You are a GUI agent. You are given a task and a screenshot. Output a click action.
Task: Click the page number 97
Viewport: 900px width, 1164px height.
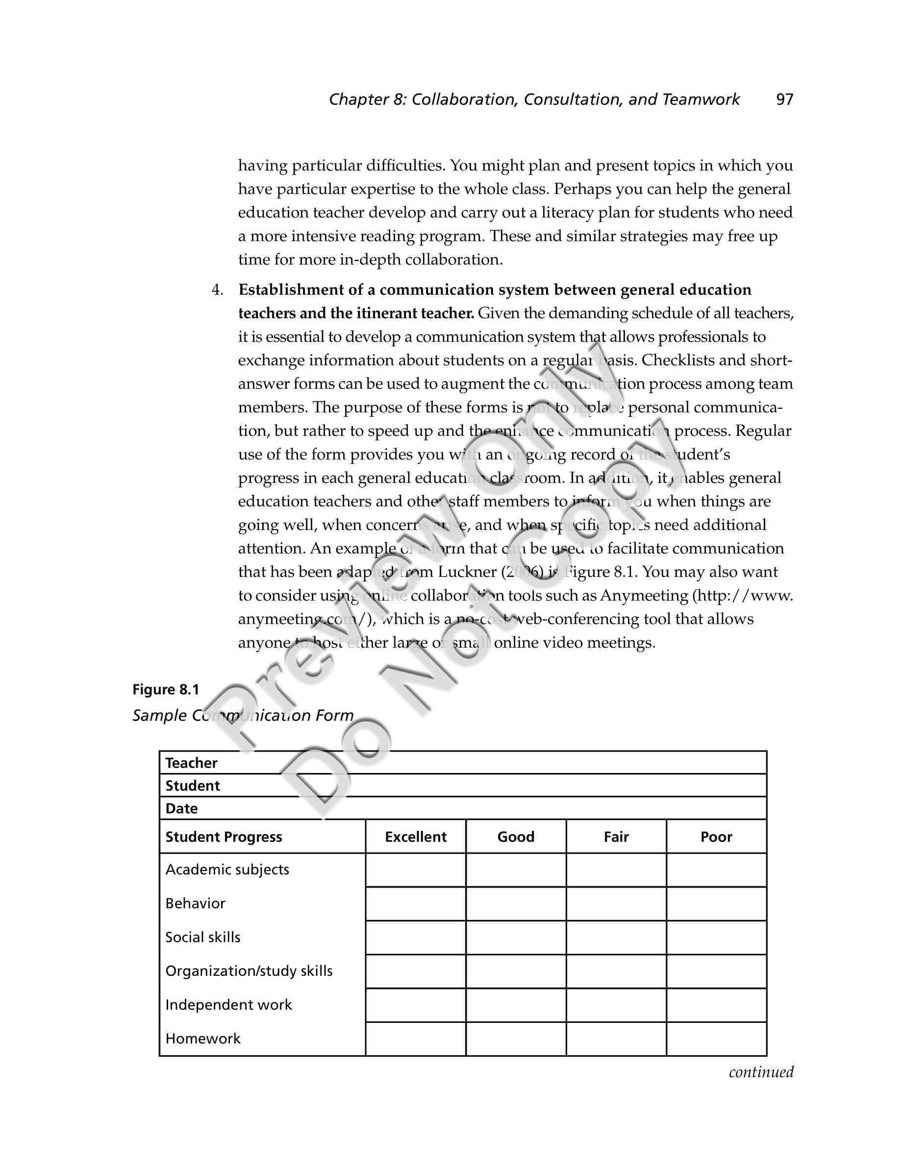[784, 99]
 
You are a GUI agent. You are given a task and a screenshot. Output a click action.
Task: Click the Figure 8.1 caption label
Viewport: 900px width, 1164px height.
[165, 690]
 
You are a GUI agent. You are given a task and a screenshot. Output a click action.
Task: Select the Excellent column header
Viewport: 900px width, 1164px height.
[415, 837]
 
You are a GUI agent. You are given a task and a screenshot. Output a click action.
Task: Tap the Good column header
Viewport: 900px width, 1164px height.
[516, 837]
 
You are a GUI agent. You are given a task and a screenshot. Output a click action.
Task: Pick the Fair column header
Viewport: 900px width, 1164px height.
[616, 837]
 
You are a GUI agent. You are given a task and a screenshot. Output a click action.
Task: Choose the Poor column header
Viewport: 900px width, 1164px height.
[716, 837]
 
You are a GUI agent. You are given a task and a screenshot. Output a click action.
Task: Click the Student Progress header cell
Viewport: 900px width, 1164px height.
[224, 837]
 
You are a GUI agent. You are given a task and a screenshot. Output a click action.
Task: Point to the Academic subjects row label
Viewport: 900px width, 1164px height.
[227, 870]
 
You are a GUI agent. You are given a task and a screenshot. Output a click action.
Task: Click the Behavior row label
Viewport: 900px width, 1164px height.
[195, 903]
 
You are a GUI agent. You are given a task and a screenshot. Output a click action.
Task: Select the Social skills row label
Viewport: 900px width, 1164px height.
[202, 937]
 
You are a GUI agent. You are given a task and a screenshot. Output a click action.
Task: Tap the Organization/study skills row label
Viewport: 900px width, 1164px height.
[249, 971]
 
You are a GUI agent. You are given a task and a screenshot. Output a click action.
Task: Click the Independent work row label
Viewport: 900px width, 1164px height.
[228, 1005]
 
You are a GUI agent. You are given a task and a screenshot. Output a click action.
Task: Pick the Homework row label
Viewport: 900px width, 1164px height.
[202, 1038]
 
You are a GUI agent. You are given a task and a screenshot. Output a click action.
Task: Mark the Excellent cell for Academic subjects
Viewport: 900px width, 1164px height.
[415, 871]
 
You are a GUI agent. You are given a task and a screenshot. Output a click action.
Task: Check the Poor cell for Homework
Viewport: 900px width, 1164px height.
[716, 1039]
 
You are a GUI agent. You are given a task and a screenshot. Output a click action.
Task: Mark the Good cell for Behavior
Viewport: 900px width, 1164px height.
[516, 904]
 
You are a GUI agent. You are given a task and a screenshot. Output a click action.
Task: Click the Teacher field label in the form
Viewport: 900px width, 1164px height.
[191, 763]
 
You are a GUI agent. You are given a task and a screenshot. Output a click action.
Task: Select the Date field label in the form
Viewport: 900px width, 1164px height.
[181, 808]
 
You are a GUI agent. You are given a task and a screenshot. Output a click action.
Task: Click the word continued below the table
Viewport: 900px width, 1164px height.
[761, 1072]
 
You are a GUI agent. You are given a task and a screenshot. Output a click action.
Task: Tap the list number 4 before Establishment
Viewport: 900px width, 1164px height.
[217, 290]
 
